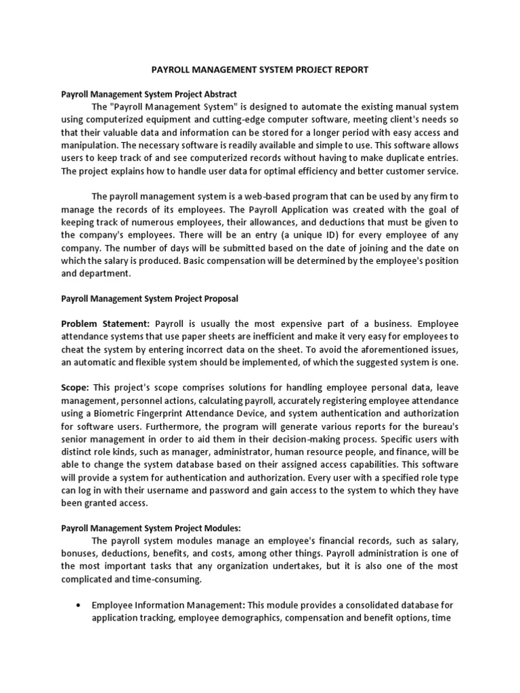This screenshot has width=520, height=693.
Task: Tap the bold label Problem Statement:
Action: (x=105, y=324)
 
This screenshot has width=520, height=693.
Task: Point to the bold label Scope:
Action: (x=75, y=388)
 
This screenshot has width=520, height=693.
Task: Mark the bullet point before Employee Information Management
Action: (x=81, y=606)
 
